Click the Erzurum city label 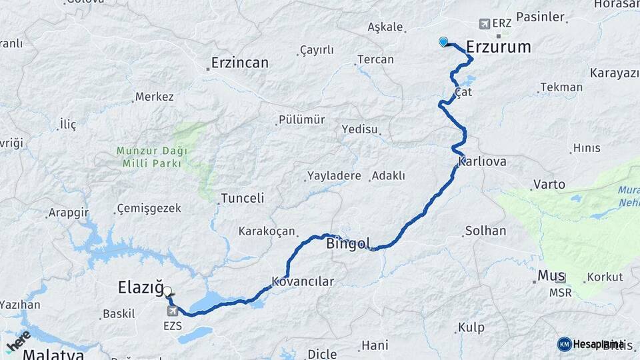pos(498,47)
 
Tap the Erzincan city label pos(239,63)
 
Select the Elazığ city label pos(140,288)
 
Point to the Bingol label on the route pos(348,244)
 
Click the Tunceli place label pos(243,198)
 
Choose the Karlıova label pos(483,162)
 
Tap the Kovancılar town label pos(303,281)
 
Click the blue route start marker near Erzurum pos(443,42)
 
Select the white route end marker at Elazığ pos(167,291)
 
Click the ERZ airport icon pos(484,24)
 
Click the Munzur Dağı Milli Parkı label pos(151,157)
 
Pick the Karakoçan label pos(267,231)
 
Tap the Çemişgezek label pos(149,209)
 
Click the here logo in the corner pos(18,340)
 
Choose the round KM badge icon pos(564,344)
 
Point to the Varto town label pos(549,184)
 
